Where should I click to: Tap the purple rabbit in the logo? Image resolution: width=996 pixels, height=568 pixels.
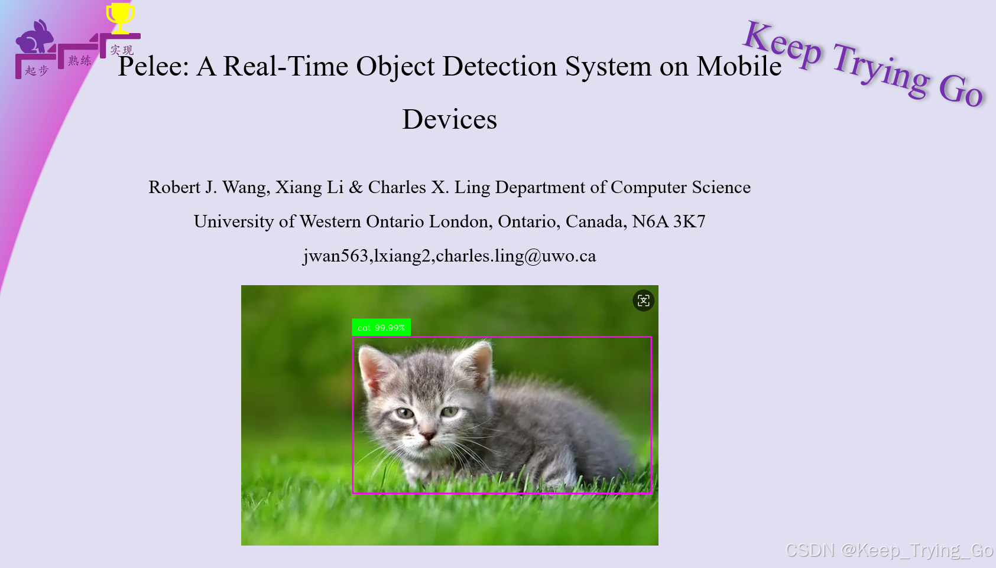tap(34, 38)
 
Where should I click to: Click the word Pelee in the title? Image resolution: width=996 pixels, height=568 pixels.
tap(153, 66)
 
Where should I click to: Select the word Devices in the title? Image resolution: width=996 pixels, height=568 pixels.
tap(449, 119)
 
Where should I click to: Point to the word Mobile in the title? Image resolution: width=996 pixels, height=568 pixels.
tap(739, 66)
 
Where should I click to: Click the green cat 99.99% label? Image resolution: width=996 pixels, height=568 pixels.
tap(381, 328)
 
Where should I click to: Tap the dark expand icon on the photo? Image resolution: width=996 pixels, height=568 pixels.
tap(643, 301)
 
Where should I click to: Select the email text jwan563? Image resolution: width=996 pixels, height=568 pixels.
tap(336, 256)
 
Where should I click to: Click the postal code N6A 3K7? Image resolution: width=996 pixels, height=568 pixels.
tap(669, 221)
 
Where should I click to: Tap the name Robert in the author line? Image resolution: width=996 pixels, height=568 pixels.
tap(174, 187)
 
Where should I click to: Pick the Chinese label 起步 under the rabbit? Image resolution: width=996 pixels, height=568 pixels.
tap(37, 71)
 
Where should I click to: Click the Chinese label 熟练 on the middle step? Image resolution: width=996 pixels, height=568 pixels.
tap(79, 60)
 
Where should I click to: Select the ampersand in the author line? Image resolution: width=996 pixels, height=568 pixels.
tap(356, 187)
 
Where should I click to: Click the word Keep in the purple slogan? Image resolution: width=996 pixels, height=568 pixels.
tap(782, 44)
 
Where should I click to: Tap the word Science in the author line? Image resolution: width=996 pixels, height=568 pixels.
tap(721, 187)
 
